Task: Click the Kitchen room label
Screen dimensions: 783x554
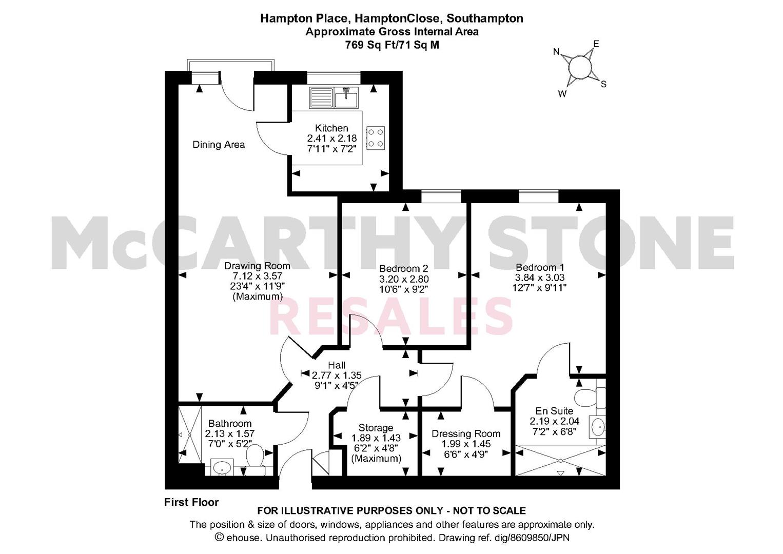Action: [331, 128]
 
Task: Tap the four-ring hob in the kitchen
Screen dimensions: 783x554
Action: [376, 138]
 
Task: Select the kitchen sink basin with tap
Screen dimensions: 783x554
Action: [346, 97]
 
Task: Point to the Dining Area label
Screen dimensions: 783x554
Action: [219, 145]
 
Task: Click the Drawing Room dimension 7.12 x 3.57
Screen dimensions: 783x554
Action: [257, 276]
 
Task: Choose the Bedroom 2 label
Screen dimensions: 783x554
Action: [403, 268]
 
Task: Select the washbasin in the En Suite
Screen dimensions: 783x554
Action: [598, 426]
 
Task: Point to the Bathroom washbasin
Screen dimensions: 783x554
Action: [222, 467]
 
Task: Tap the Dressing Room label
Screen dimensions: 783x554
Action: [466, 434]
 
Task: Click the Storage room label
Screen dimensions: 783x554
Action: [376, 428]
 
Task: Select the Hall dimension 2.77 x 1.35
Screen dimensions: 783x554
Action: [337, 375]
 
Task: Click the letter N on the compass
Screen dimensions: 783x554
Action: [556, 52]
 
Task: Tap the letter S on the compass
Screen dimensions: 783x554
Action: [604, 84]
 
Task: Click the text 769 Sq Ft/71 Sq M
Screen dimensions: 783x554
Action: [392, 45]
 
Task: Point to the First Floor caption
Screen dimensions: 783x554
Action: [191, 502]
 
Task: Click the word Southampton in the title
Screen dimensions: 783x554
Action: [485, 18]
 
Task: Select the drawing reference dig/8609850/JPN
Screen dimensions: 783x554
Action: [532, 538]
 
